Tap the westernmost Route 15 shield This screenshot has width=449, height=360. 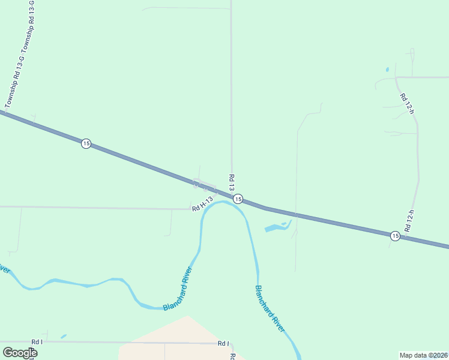(86, 144)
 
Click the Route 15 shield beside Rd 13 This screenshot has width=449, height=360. (238, 199)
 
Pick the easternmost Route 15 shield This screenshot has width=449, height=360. (394, 236)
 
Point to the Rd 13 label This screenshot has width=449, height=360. (231, 182)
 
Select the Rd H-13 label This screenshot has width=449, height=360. (203, 205)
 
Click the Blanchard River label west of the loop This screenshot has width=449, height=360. (178, 289)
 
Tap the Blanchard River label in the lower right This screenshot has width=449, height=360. (270, 308)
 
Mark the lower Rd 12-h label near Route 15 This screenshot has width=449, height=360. (411, 221)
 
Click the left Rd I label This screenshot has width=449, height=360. (37, 341)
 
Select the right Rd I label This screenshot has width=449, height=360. (223, 343)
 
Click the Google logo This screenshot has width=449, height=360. (20, 353)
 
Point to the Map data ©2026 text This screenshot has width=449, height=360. (423, 355)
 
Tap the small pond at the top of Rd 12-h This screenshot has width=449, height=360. (387, 69)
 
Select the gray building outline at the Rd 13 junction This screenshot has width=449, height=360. (204, 184)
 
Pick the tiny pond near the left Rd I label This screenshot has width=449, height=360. (64, 336)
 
